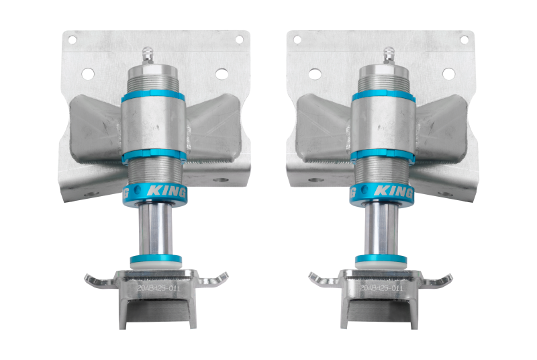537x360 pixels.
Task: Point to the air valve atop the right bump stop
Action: point(387,54)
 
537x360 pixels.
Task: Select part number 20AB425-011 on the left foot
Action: point(158,287)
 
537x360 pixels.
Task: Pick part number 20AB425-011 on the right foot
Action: point(382,287)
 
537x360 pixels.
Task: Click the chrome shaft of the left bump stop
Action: point(156,232)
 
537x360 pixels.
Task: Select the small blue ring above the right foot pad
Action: point(381,259)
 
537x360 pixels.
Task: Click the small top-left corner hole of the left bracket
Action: point(72,40)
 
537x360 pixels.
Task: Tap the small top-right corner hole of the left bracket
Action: point(238,40)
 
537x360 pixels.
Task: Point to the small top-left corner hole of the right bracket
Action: point(297,40)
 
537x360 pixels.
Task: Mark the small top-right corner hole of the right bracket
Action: point(463,40)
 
